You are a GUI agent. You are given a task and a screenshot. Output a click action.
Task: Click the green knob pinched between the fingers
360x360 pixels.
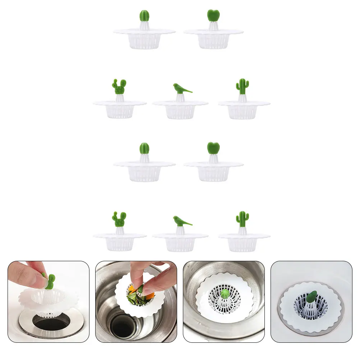[x=50, y=281]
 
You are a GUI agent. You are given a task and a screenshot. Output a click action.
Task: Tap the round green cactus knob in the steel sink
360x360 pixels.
[x=225, y=294]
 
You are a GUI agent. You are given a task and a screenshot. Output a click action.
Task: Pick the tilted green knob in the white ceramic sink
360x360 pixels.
[x=311, y=297]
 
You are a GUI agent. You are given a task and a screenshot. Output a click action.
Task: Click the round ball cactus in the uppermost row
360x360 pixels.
[x=144, y=16]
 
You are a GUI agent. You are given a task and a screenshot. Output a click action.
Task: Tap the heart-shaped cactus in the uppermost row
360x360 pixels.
[x=213, y=15]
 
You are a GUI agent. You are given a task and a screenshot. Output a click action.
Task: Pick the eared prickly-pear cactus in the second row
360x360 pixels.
[x=119, y=87]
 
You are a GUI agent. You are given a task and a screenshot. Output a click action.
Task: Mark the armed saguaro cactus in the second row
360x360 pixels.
[x=243, y=86]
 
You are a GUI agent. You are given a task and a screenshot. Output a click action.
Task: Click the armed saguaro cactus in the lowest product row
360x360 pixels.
[x=243, y=218]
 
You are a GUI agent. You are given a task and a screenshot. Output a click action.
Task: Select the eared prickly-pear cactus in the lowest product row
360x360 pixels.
[x=119, y=220]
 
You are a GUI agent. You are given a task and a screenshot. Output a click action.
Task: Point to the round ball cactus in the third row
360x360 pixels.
[x=144, y=148]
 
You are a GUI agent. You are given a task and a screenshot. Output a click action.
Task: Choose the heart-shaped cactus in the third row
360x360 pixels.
[x=213, y=148]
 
